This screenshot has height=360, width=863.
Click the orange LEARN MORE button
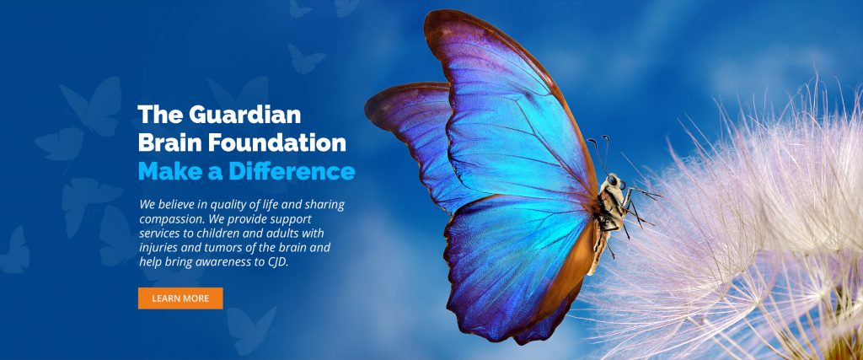coord(180,298)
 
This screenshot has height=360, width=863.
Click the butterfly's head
coord(614,182)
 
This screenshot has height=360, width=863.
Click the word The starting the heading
coord(155,116)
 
